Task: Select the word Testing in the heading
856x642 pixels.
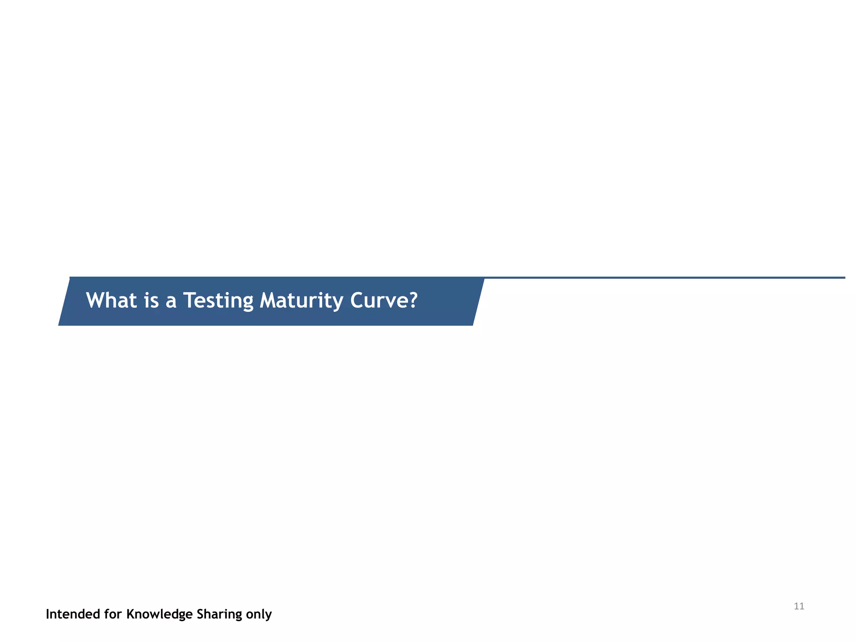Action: click(218, 301)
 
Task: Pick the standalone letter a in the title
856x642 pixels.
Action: click(171, 302)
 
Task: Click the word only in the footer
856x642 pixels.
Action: click(259, 615)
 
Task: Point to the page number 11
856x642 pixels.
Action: click(799, 606)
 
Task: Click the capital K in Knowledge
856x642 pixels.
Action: click(130, 614)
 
